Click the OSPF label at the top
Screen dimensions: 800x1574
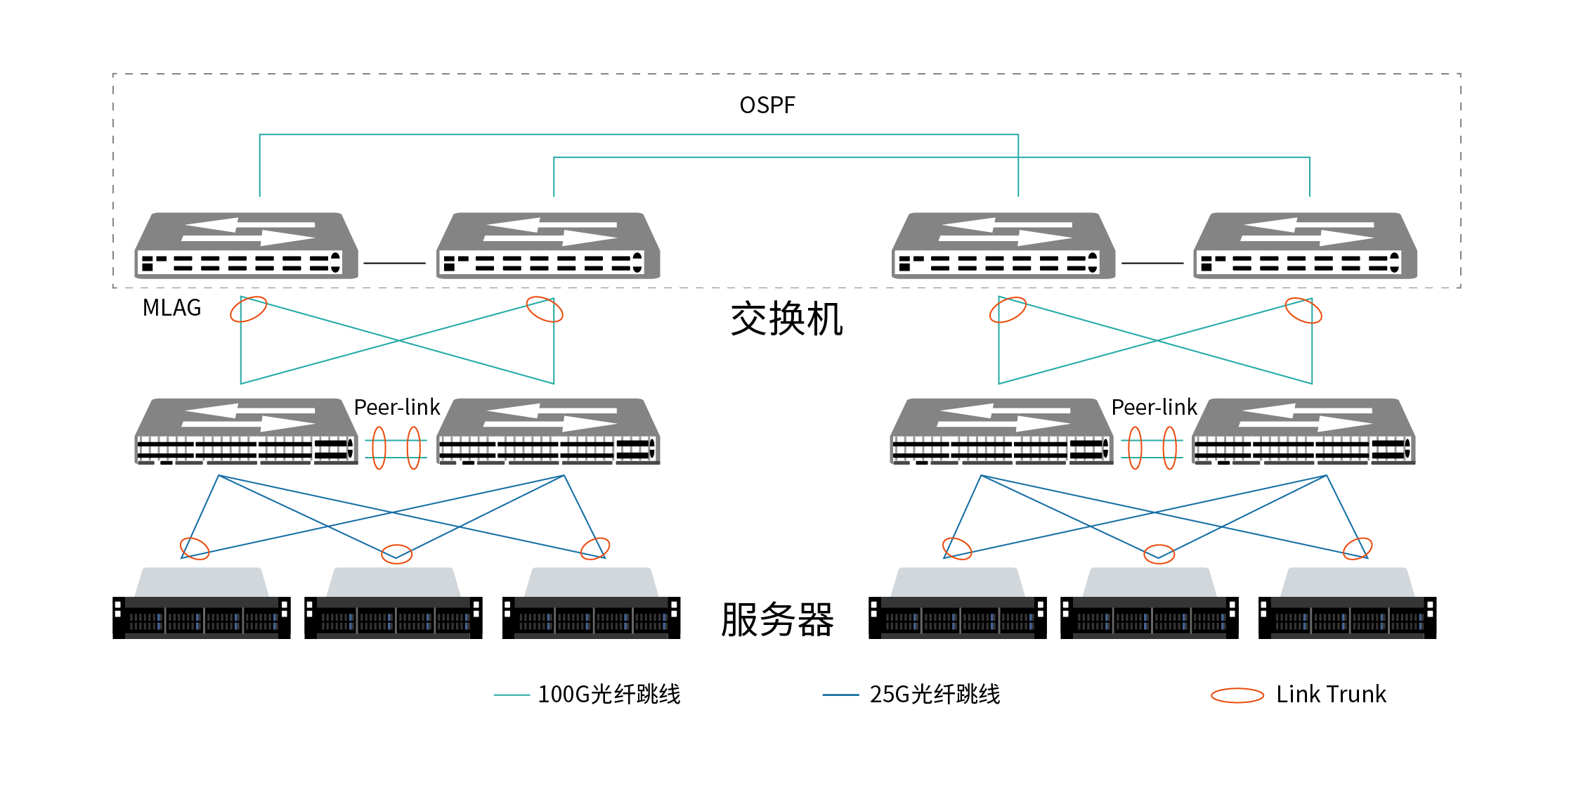point(767,105)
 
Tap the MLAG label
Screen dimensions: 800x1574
point(171,308)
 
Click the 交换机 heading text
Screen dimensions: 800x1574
point(786,319)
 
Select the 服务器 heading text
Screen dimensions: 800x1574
point(777,619)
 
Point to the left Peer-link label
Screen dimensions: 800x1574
point(396,408)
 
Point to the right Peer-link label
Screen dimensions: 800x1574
point(1154,408)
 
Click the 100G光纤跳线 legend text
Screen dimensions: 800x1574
point(609,695)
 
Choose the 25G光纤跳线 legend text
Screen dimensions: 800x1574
point(934,695)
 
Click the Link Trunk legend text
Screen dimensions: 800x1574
point(1331,695)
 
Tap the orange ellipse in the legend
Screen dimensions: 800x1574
point(1237,695)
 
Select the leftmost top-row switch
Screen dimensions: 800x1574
point(246,246)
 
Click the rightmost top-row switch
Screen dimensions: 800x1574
point(1305,246)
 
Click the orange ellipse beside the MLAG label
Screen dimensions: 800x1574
point(248,309)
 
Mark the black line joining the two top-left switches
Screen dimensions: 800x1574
point(394,263)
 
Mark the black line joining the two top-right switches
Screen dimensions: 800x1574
point(1152,263)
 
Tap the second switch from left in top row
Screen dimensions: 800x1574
point(548,246)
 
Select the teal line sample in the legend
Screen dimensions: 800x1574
point(512,695)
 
